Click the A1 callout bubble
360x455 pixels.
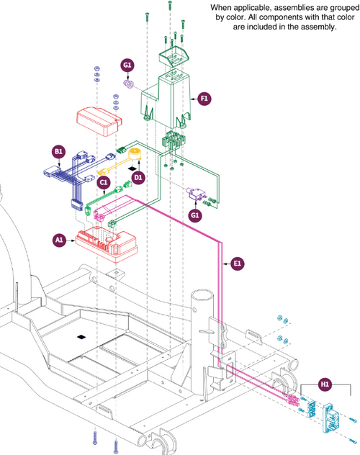point(59,240)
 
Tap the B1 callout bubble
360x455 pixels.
point(58,151)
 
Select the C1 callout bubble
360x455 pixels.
point(104,182)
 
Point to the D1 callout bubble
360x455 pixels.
point(138,177)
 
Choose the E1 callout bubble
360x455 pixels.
point(238,263)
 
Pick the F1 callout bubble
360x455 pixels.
point(204,99)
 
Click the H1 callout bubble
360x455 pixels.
point(325,384)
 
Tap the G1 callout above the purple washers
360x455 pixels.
point(127,65)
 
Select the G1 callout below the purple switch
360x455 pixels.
point(195,215)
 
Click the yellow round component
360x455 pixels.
point(135,154)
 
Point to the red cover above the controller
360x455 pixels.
point(99,122)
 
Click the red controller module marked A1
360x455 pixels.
point(106,245)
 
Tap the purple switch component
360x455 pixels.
point(194,193)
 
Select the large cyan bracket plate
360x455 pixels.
point(330,416)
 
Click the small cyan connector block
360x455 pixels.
point(311,408)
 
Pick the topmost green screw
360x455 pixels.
point(170,6)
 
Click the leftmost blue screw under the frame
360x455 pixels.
point(94,438)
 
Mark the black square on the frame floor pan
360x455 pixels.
point(81,337)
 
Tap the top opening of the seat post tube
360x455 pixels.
point(202,296)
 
